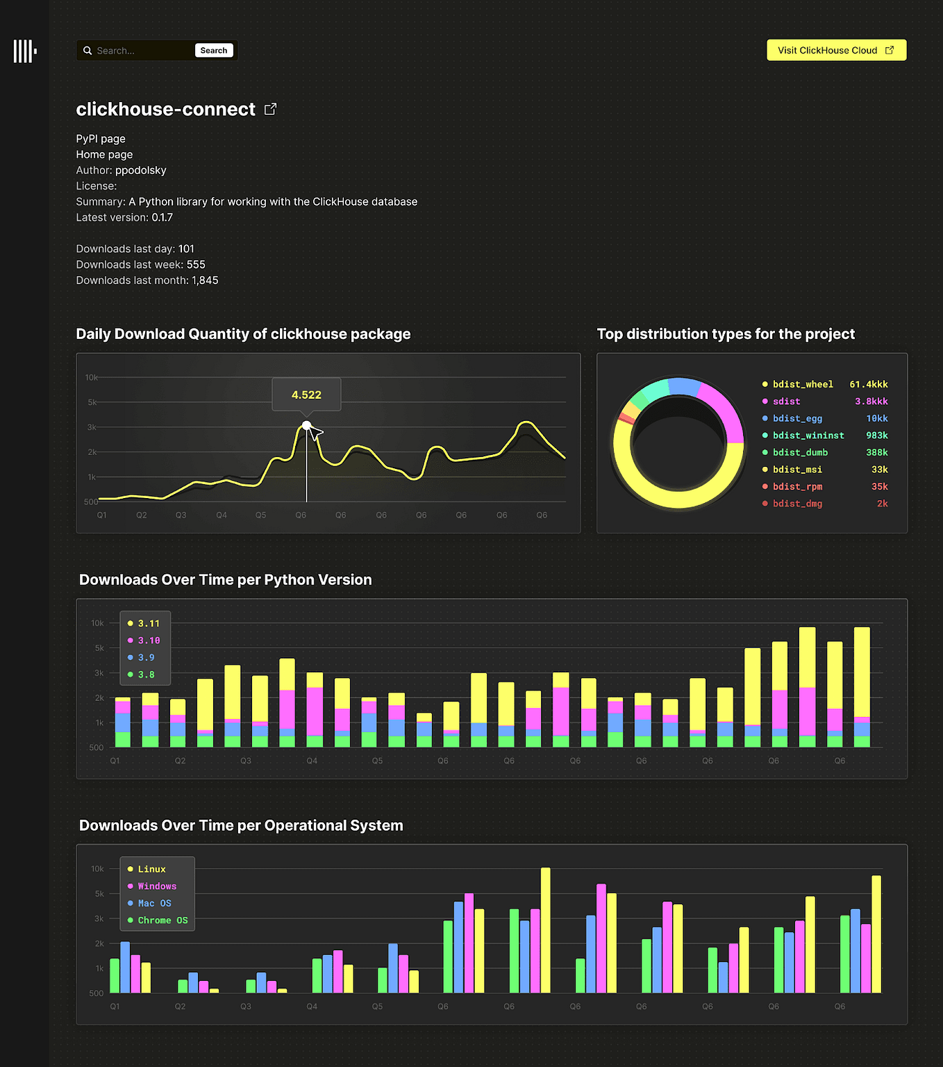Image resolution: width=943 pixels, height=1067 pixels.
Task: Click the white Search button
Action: click(214, 51)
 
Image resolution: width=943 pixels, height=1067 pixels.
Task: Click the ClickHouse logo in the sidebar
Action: click(24, 51)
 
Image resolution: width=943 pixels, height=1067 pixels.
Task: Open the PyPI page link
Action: click(101, 139)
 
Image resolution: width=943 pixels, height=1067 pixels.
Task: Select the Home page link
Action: click(104, 154)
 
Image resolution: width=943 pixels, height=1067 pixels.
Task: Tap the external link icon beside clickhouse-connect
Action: click(271, 109)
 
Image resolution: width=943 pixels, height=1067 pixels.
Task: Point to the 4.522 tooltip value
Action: click(306, 395)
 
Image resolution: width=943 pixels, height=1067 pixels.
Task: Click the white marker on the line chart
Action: click(306, 425)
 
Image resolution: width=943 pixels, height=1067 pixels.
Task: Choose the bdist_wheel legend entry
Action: click(803, 384)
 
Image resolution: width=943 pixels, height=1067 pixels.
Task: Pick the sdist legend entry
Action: click(786, 402)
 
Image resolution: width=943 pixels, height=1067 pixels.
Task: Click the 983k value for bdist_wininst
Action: click(876, 436)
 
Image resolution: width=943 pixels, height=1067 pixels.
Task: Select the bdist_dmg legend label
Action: click(797, 504)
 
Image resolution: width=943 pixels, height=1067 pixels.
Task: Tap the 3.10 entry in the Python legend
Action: click(149, 640)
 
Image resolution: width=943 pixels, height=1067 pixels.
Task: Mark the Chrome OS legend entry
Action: click(162, 920)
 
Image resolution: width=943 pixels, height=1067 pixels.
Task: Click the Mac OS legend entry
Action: click(154, 903)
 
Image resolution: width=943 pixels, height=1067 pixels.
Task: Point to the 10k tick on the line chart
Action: click(91, 377)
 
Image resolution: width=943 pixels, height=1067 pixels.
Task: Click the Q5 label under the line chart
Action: click(260, 515)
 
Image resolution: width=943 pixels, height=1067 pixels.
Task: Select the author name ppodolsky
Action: click(140, 170)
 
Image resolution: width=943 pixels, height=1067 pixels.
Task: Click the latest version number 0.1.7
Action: click(162, 217)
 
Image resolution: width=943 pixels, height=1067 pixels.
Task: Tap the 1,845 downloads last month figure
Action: click(205, 281)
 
